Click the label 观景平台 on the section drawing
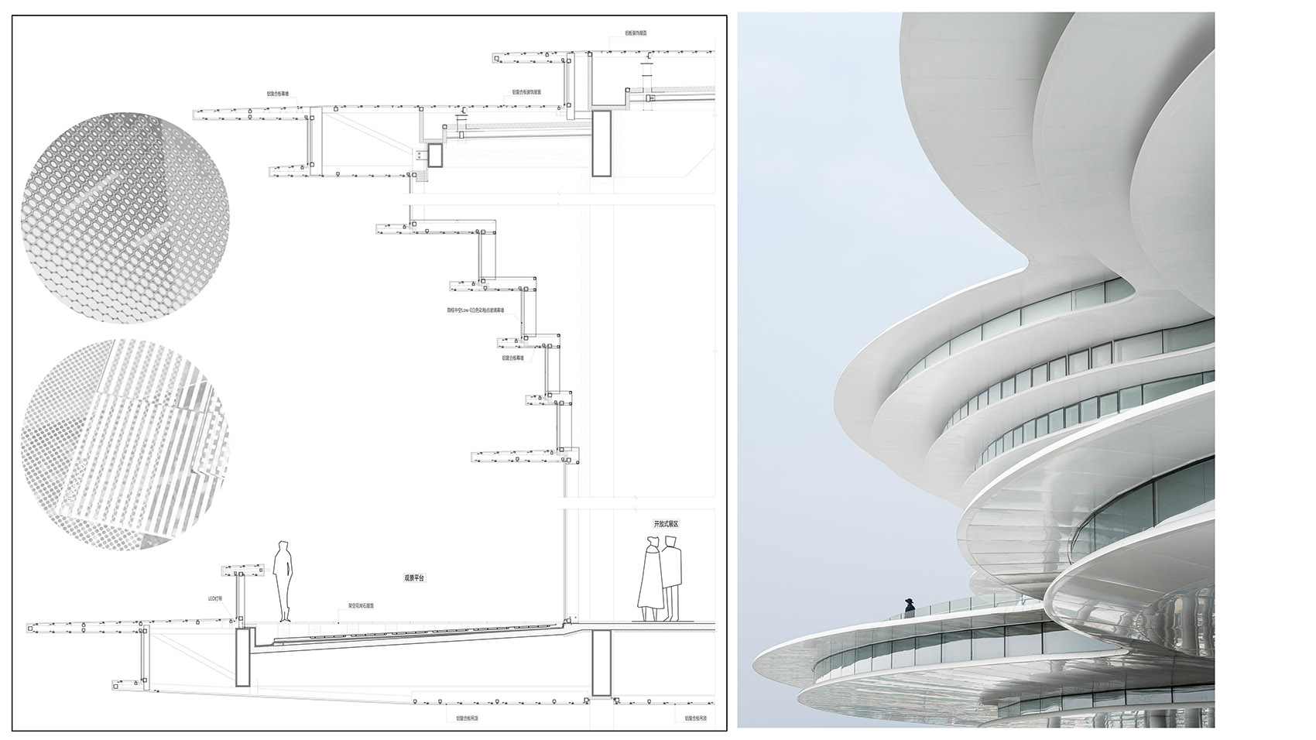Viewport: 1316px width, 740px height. coord(415,577)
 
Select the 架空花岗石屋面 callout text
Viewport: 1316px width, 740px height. coord(362,606)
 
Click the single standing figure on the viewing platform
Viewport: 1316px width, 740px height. coord(284,581)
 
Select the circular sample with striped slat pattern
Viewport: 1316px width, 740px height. coord(125,444)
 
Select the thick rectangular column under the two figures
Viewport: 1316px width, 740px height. coord(601,663)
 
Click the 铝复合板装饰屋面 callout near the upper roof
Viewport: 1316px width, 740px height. coord(526,91)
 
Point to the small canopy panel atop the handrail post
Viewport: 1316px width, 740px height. coord(243,571)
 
